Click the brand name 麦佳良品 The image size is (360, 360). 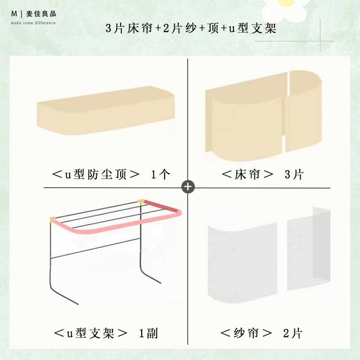(x=41, y=14)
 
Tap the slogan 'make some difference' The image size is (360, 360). (x=33, y=23)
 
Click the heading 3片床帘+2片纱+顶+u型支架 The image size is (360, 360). (x=191, y=28)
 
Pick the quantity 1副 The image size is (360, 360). (x=148, y=333)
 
